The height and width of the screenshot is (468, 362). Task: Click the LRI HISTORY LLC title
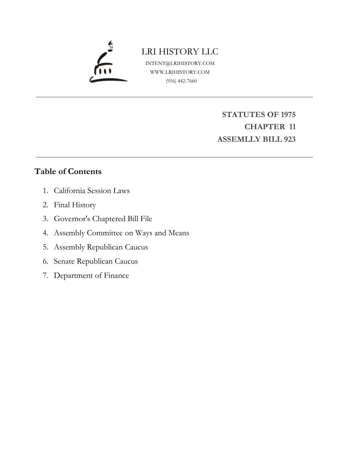[x=180, y=52]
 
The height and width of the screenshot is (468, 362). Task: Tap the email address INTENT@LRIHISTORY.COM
[x=180, y=63]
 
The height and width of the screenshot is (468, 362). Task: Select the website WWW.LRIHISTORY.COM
[x=180, y=72]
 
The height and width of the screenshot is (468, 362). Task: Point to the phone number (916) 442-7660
[x=181, y=81]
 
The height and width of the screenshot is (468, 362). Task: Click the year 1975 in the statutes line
[x=288, y=115]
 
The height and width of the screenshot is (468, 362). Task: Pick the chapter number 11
[x=292, y=127]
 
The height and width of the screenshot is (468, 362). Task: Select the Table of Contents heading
[x=68, y=171]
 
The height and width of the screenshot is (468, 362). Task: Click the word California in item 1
[x=70, y=190]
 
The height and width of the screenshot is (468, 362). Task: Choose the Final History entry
[x=75, y=205]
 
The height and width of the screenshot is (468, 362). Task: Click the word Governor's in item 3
[x=72, y=219]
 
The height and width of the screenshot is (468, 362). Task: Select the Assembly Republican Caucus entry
[x=101, y=247]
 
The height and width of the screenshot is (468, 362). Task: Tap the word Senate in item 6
[x=64, y=261]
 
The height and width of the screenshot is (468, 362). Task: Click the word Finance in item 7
[x=116, y=276]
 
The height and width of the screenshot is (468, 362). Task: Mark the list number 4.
[x=45, y=233]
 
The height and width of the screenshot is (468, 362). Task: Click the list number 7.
[x=45, y=276]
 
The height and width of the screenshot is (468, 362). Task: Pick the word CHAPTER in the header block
[x=265, y=127]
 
